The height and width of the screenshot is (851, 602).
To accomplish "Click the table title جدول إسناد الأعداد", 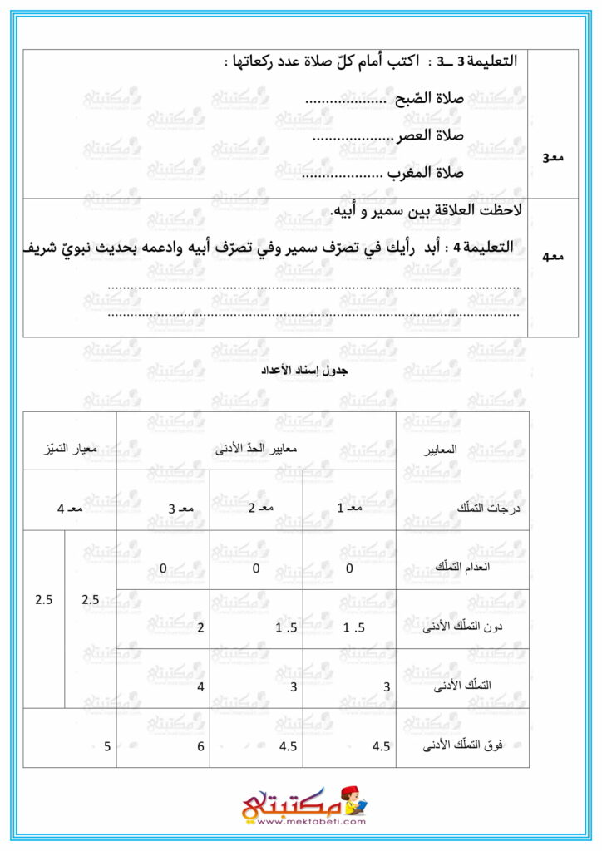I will coord(301,371).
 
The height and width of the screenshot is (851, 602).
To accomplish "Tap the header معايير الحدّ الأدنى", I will coord(256,448).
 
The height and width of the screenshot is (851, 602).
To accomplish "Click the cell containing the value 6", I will coord(200,746).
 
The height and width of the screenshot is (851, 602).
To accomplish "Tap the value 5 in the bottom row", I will coord(107,746).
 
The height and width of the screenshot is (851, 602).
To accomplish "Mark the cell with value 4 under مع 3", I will coord(200,687).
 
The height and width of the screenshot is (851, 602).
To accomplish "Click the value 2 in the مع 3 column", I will coord(200,627).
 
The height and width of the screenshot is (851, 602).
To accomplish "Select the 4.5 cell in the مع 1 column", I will coord(382,746).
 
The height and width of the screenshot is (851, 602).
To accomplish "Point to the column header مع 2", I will coord(255,506).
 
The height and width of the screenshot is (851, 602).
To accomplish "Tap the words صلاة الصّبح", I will coord(427,98).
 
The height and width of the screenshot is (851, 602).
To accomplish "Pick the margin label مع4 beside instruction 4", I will coord(553,257).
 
